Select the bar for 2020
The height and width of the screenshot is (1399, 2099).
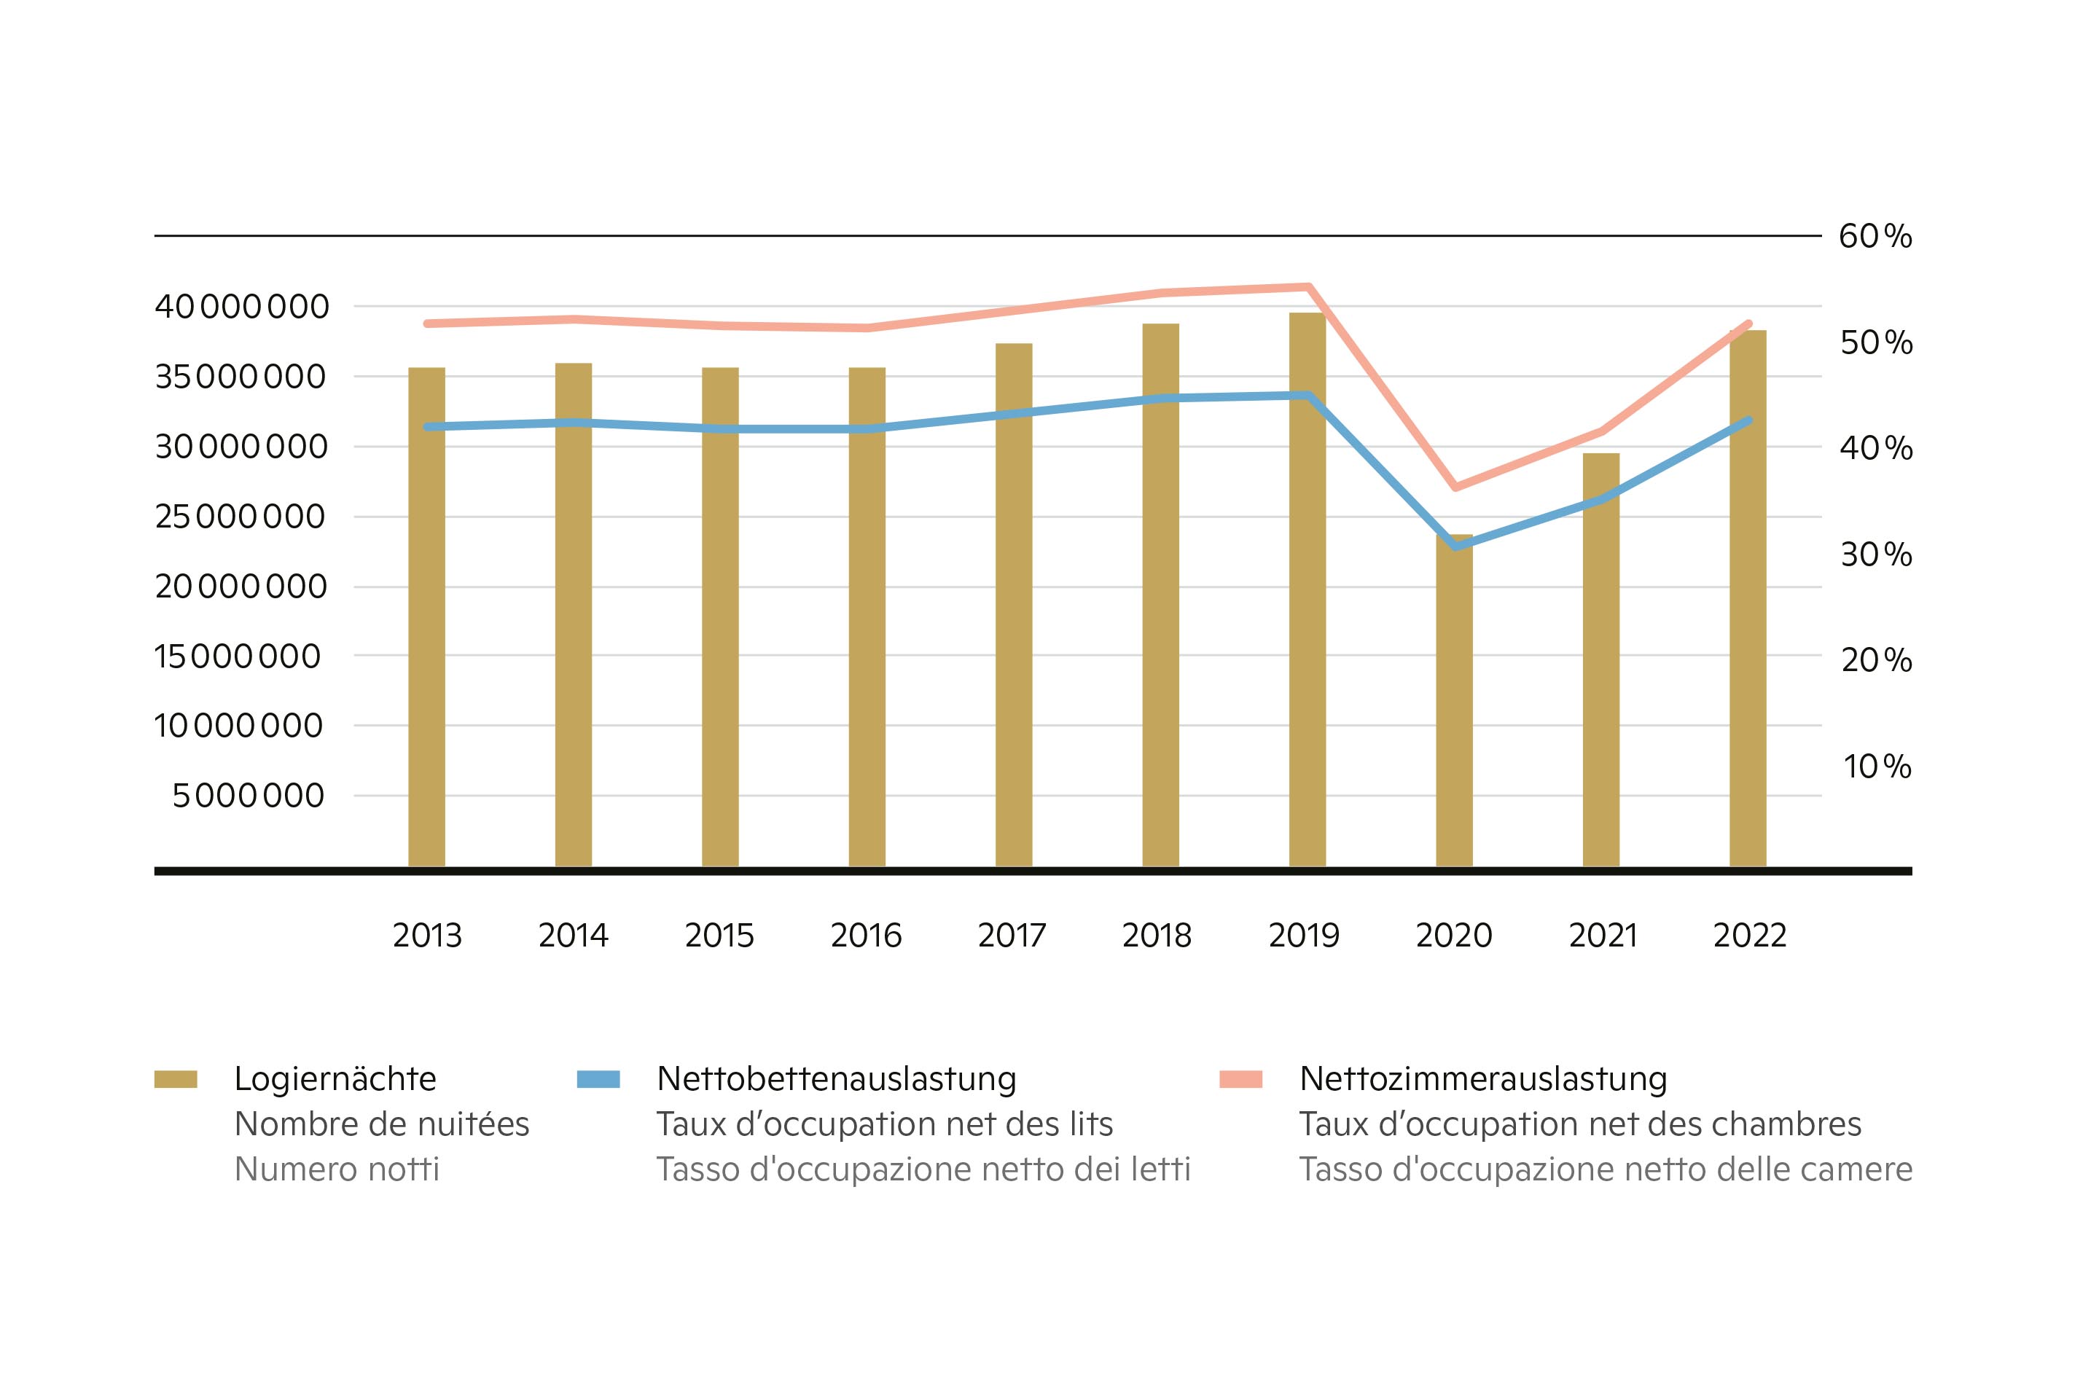1454,705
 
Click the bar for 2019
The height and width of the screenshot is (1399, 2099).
1307,589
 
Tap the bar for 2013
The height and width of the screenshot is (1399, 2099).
426,616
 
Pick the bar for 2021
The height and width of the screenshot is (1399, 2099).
1601,660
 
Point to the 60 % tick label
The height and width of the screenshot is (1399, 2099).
1875,236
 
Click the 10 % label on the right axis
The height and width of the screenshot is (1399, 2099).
1877,767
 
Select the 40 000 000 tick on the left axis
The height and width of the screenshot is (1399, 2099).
242,307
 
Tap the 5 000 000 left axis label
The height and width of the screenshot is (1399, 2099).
248,796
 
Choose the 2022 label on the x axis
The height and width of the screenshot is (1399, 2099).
1749,935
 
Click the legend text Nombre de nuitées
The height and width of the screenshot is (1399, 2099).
382,1124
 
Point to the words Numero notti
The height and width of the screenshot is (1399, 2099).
337,1169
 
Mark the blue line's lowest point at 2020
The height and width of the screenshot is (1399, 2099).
1455,545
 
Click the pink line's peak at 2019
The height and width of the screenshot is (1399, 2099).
1308,287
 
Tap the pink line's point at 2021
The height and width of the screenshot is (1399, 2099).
1602,432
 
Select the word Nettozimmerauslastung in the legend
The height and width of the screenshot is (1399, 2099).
1483,1078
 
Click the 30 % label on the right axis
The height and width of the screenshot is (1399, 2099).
1876,555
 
